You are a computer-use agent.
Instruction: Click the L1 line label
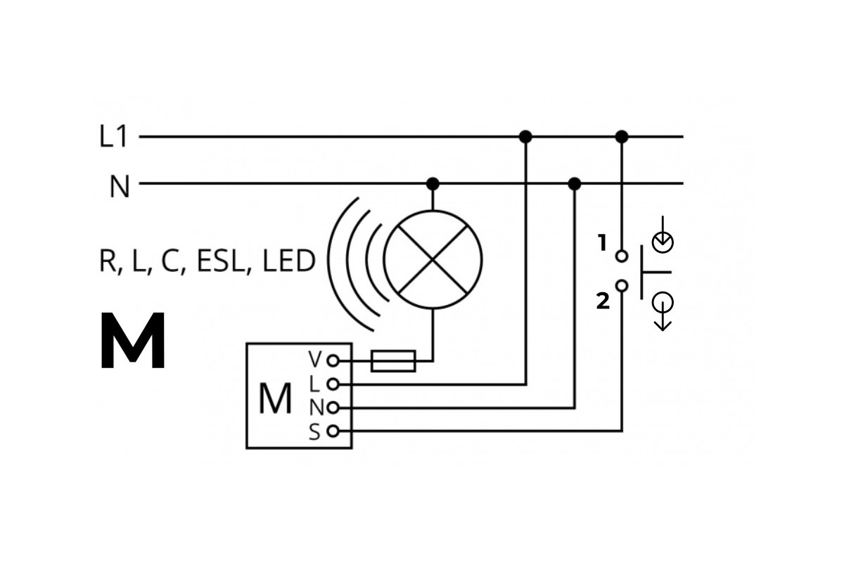pyautogui.click(x=114, y=137)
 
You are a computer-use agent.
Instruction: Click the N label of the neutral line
pyautogui.click(x=120, y=188)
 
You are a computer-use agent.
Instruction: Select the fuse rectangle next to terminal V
pyautogui.click(x=393, y=361)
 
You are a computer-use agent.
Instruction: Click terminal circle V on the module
pyautogui.click(x=333, y=361)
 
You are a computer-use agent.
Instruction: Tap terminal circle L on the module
pyautogui.click(x=333, y=384)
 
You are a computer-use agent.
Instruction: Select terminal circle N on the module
pyautogui.click(x=333, y=407)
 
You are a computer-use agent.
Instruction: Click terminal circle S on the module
pyautogui.click(x=333, y=431)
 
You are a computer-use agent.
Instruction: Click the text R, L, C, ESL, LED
pyautogui.click(x=207, y=261)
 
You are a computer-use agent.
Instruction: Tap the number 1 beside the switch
pyautogui.click(x=602, y=243)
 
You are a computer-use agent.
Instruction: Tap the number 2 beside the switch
pyautogui.click(x=603, y=302)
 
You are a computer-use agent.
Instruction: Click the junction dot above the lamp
pyautogui.click(x=433, y=184)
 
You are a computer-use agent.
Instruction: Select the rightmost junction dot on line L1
pyautogui.click(x=621, y=136)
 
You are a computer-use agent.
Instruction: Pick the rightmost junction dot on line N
pyautogui.click(x=575, y=184)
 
